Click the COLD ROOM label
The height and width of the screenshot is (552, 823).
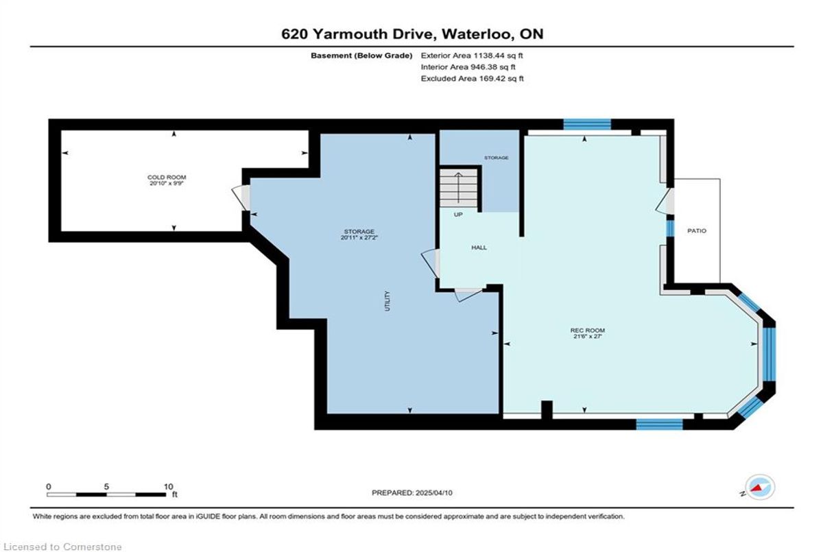(167, 178)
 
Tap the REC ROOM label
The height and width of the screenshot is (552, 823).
(588, 331)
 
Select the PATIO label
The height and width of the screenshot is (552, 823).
(697, 230)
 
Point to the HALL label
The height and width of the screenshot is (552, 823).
(479, 248)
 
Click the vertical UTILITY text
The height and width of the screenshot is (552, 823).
(387, 301)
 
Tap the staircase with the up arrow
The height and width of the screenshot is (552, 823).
(458, 188)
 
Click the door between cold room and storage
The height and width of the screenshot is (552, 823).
(241, 197)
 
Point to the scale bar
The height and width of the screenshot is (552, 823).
(106, 494)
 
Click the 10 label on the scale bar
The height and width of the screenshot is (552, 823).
(168, 487)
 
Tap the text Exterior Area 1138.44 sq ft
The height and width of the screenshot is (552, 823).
(472, 56)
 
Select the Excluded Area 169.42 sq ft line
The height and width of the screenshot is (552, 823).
(472, 78)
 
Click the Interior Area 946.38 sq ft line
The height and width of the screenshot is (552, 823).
(468, 67)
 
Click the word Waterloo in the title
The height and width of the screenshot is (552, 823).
(477, 34)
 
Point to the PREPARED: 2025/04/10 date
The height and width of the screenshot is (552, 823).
(412, 493)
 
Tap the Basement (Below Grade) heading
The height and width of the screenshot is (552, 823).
(361, 56)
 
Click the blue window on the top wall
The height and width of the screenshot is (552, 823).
(587, 124)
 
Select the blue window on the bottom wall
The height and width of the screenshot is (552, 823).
(660, 424)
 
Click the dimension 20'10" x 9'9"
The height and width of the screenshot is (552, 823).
(167, 183)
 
